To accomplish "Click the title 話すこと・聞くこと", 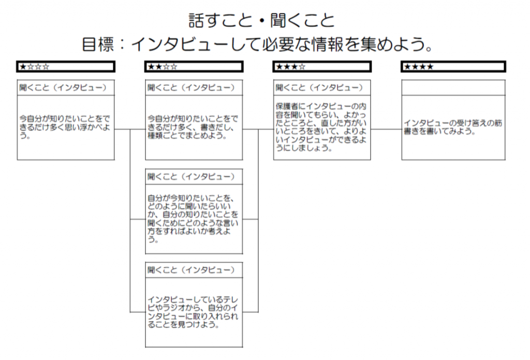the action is pyautogui.click(x=261, y=21).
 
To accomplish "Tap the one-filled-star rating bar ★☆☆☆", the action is pyautogui.click(x=66, y=67).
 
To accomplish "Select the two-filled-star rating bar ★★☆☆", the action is pyautogui.click(x=194, y=67).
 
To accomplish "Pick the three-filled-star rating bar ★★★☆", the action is pyautogui.click(x=322, y=67).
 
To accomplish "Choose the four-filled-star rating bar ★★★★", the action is pyautogui.click(x=453, y=67).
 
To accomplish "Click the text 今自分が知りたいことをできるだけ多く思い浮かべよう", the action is pyautogui.click(x=65, y=127).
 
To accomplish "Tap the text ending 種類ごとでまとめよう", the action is pyautogui.click(x=193, y=127).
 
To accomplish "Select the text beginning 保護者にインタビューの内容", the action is pyautogui.click(x=321, y=127).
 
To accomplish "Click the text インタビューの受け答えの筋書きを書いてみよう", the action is pyautogui.click(x=453, y=127).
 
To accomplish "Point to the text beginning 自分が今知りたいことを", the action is pyautogui.click(x=193, y=218).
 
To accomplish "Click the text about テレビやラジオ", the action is pyautogui.click(x=193, y=312).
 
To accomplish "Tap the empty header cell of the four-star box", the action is pyautogui.click(x=453, y=88).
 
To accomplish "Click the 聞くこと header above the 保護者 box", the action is pyautogui.click(x=319, y=88).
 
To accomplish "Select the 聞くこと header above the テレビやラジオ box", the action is pyautogui.click(x=191, y=270).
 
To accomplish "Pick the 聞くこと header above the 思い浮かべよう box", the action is pyautogui.click(x=63, y=88).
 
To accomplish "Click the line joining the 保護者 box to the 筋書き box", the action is pyautogui.click(x=386, y=129).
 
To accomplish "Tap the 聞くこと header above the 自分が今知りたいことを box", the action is pyautogui.click(x=191, y=176).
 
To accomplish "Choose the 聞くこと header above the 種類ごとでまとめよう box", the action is pyautogui.click(x=191, y=88).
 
